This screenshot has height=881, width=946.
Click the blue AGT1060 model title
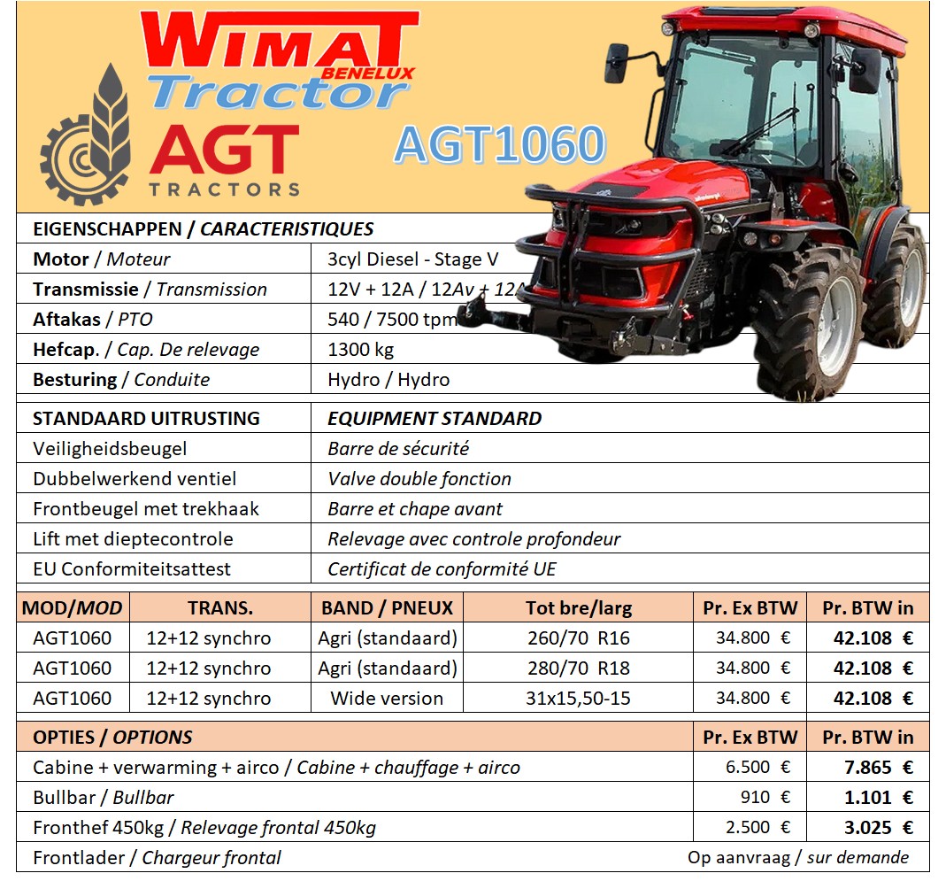500,144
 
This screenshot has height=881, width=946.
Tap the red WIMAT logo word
280,41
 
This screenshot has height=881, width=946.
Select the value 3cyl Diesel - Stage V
412,259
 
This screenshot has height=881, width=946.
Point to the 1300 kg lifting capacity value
360,350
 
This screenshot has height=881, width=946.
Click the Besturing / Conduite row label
121,380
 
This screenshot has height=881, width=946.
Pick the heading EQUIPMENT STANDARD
435,419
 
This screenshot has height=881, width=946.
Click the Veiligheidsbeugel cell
110,449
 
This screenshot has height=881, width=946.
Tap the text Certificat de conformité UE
442,569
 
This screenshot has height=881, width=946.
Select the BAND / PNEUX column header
387,608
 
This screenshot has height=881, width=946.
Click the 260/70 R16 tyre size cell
578,638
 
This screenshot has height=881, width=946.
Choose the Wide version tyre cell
387,699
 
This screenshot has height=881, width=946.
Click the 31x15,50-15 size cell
578,699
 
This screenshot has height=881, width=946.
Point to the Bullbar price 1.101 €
879,798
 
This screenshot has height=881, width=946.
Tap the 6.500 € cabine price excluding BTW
758,767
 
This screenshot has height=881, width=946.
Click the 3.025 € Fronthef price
879,828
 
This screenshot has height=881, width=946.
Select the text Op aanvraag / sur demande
797,857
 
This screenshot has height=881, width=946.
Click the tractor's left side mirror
617,63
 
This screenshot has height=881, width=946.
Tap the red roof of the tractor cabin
784,23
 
